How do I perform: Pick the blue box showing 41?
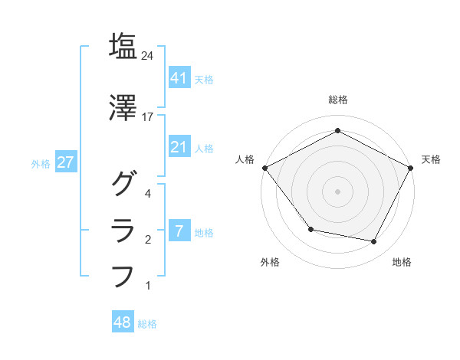pyautogui.click(x=179, y=78)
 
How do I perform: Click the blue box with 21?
pyautogui.click(x=179, y=148)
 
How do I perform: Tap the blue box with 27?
pyautogui.click(x=67, y=163)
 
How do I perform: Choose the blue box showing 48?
pyautogui.click(x=123, y=323)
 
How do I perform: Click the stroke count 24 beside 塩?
pyautogui.click(x=148, y=56)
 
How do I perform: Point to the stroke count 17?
pyautogui.click(x=148, y=117)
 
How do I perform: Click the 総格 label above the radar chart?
pyautogui.click(x=338, y=100)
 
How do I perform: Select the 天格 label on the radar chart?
pyautogui.click(x=431, y=159)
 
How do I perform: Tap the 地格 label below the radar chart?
pyautogui.click(x=402, y=263)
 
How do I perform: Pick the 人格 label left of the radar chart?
pyautogui.click(x=245, y=159)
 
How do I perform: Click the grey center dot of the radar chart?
pyautogui.click(x=338, y=191)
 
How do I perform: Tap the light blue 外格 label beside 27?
pyautogui.click(x=41, y=164)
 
